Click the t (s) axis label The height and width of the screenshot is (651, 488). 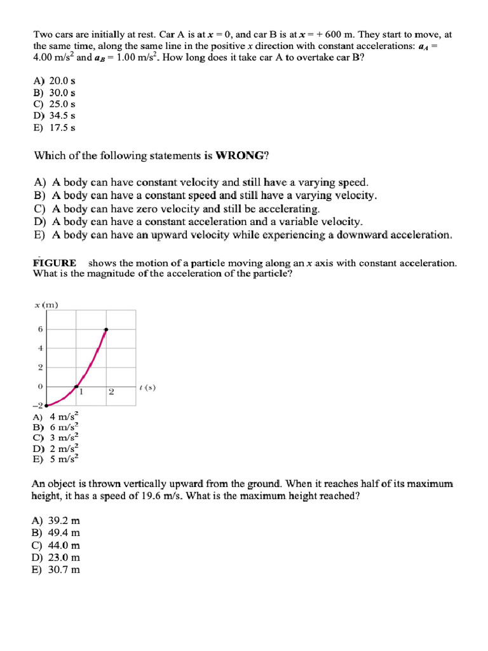[x=147, y=387]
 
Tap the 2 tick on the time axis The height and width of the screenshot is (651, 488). [x=111, y=392]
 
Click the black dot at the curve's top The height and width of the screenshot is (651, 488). [x=105, y=329]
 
